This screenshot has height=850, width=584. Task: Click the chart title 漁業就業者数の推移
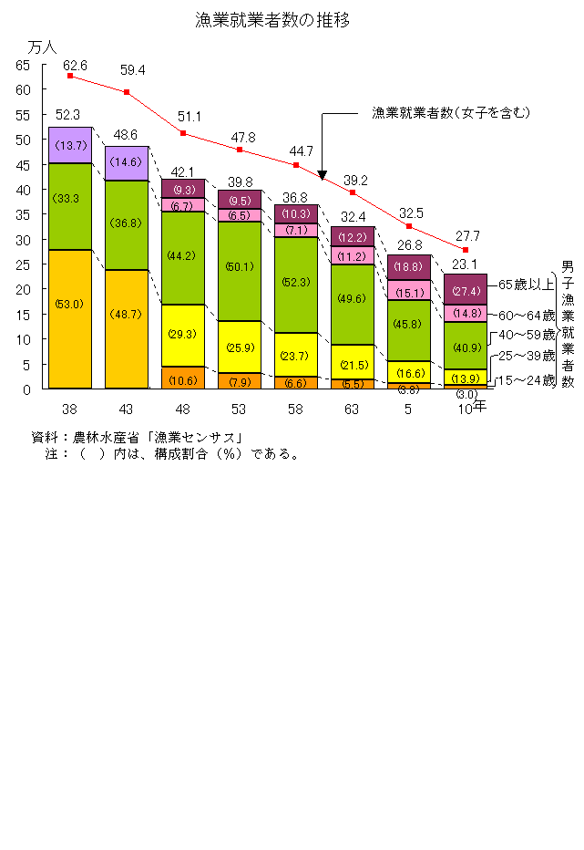click(272, 19)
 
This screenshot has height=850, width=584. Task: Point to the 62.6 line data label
click(75, 66)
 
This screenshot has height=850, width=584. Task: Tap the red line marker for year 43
click(127, 92)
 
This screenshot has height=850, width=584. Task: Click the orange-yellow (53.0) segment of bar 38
click(70, 319)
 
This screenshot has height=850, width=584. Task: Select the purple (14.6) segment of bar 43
click(127, 163)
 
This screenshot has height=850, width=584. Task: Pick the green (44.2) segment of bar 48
click(183, 258)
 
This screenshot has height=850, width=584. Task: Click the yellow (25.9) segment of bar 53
click(240, 347)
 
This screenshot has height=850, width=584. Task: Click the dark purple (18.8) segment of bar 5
click(409, 266)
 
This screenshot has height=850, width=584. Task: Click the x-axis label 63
click(353, 408)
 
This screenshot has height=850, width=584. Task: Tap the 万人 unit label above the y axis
click(42, 47)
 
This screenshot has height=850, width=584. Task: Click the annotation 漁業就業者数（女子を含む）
click(450, 113)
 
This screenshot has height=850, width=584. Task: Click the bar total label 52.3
click(68, 115)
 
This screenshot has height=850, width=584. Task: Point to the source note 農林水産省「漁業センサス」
click(155, 437)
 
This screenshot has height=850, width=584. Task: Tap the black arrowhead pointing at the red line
click(322, 172)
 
